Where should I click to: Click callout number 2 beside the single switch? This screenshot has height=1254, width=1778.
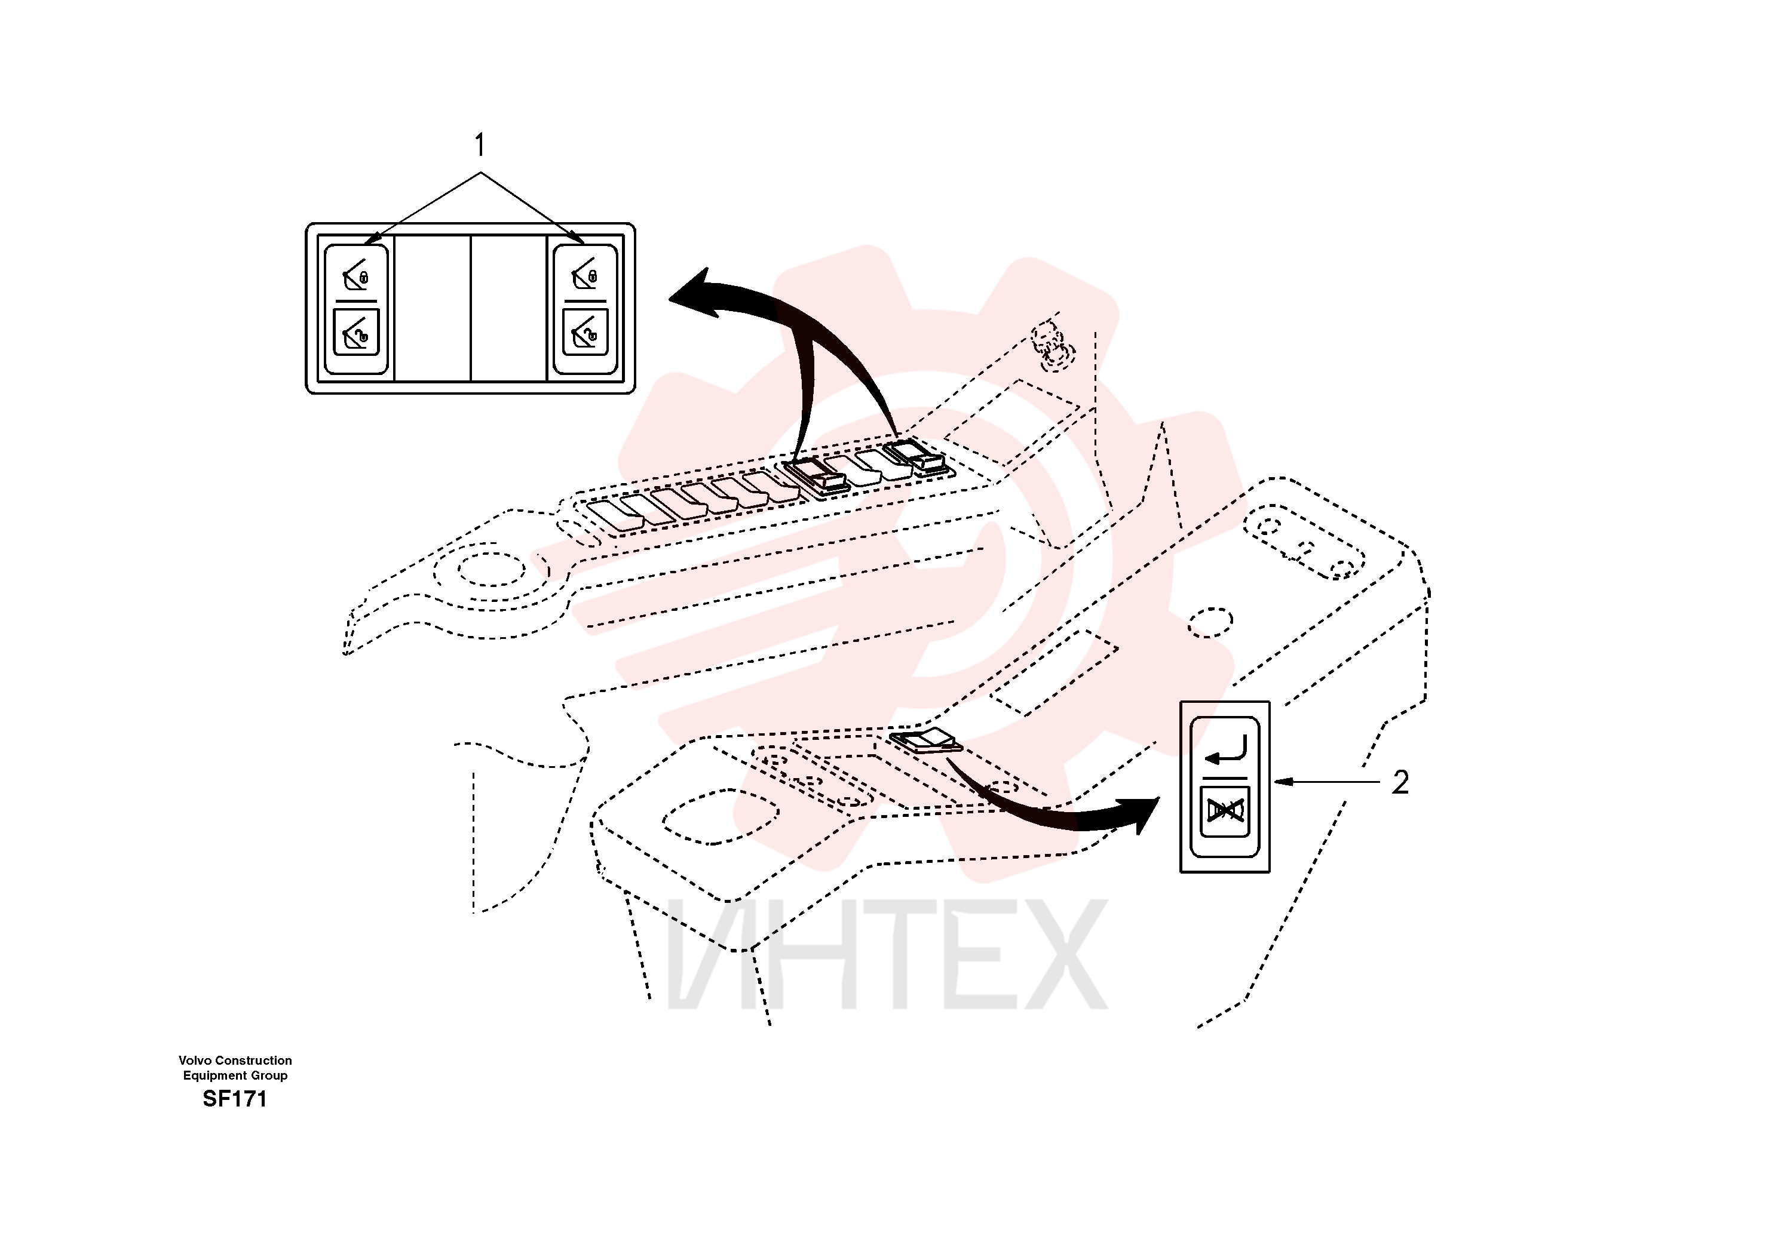pos(1400,782)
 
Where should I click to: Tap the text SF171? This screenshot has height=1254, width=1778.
pos(235,1099)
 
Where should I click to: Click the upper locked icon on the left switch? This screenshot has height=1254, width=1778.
pos(356,274)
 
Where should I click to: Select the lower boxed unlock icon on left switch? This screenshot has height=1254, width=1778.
pos(356,332)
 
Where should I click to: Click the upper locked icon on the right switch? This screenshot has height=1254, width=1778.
pos(585,274)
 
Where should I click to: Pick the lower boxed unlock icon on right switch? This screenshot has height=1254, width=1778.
pos(585,332)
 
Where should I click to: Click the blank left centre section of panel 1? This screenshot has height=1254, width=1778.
pos(433,308)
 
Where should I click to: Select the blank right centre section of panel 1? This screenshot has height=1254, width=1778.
pos(509,308)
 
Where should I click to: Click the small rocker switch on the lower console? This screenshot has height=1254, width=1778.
pos(926,741)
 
